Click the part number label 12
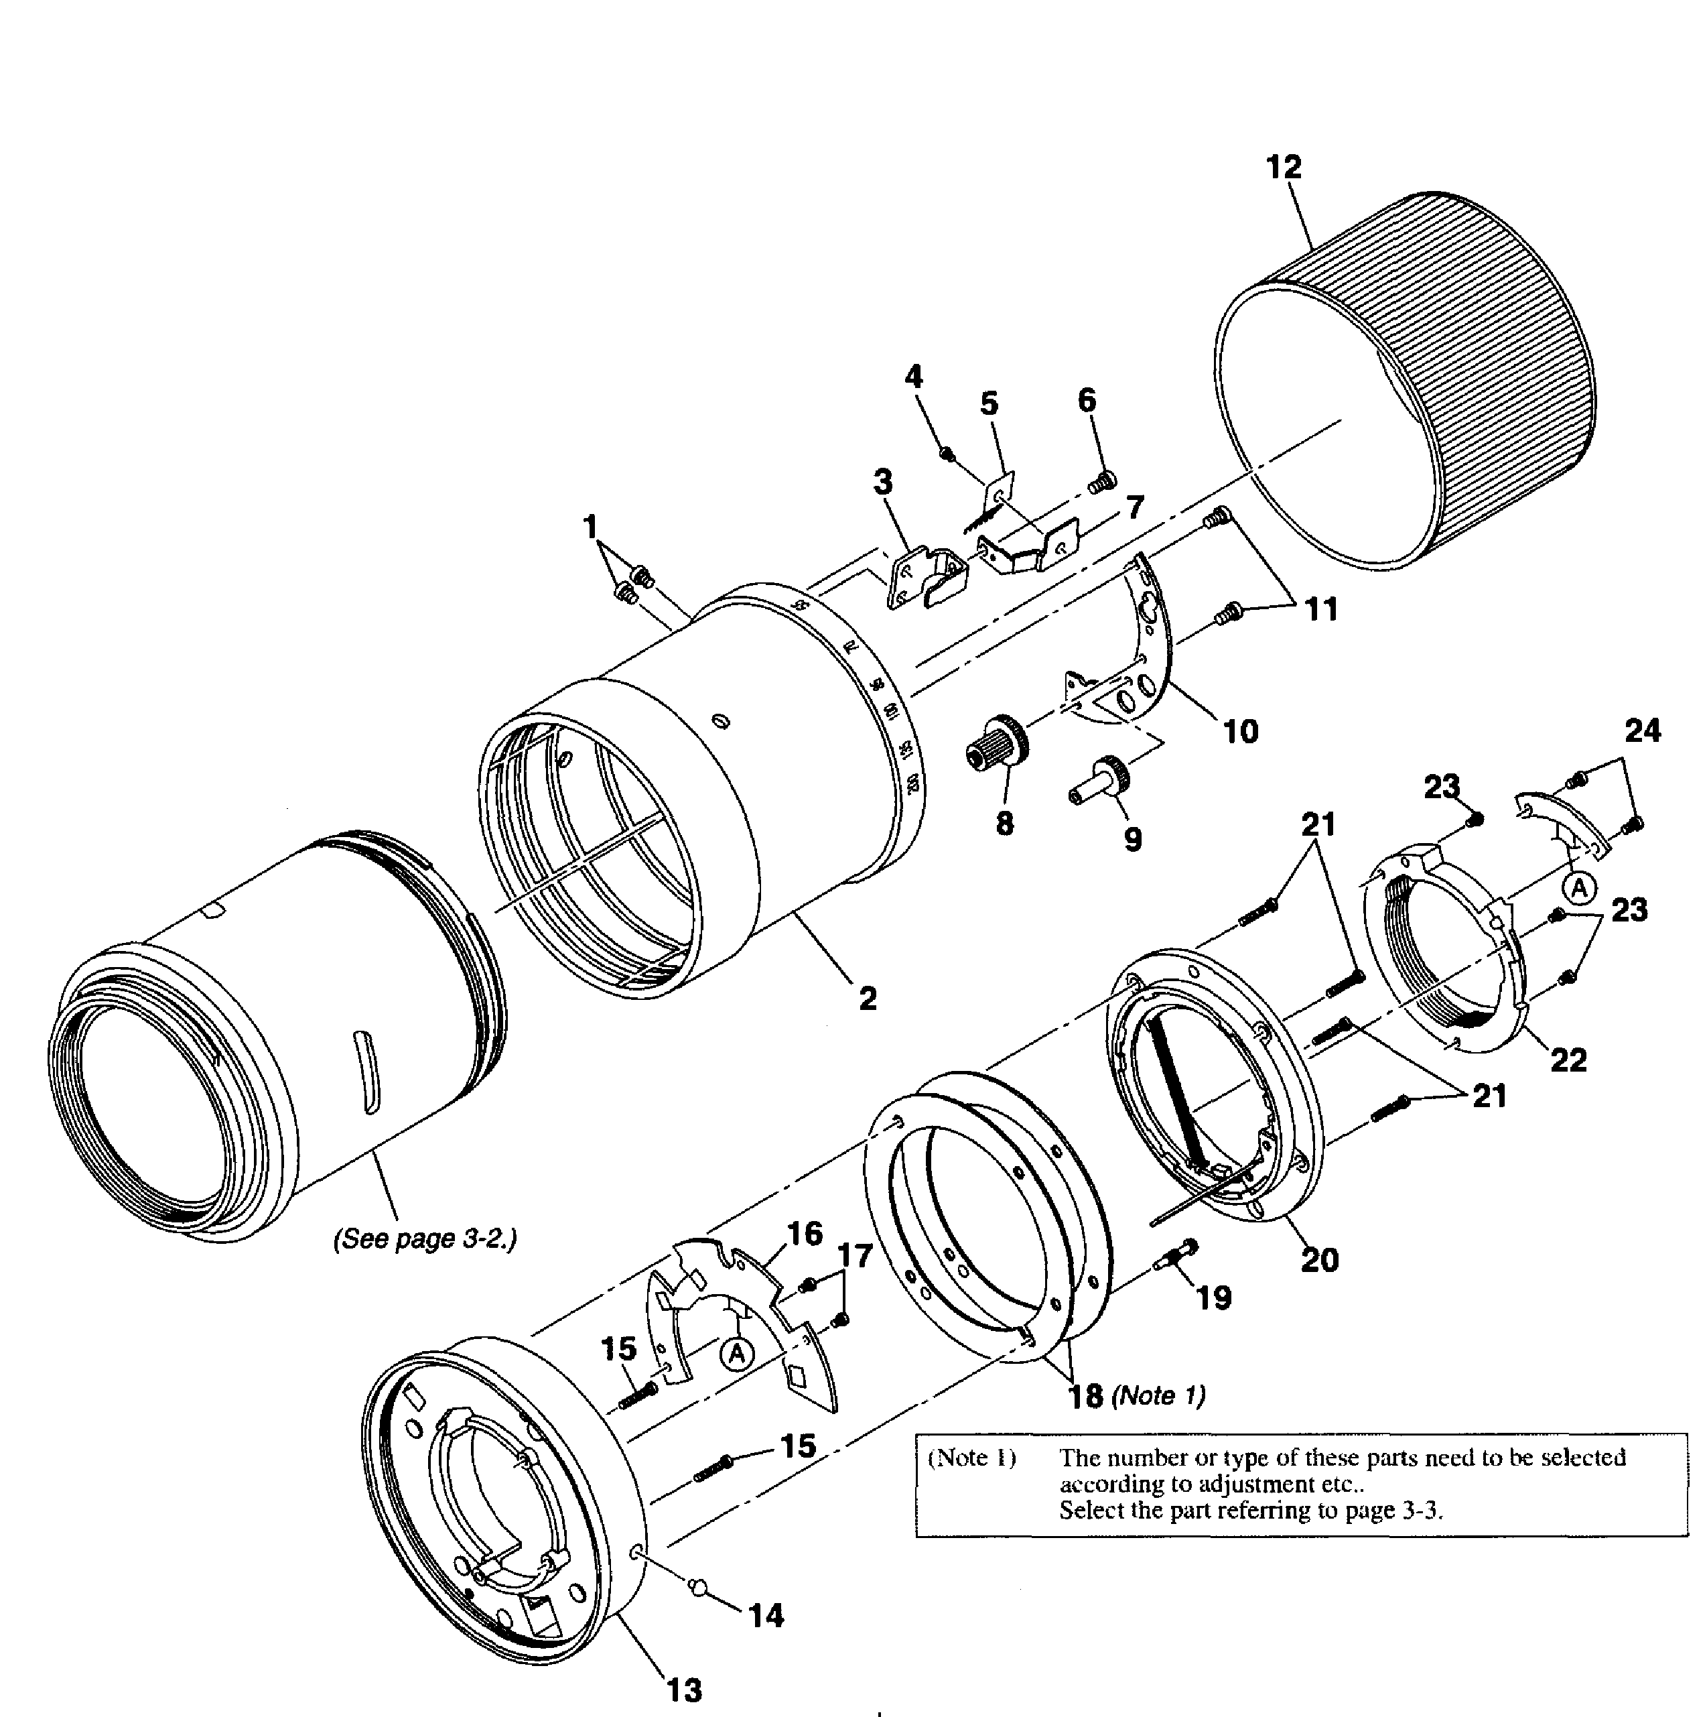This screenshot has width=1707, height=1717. tap(1283, 167)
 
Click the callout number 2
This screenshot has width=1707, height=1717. tap(868, 998)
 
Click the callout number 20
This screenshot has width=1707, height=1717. tap(1318, 1259)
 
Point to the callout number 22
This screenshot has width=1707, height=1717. tap(1568, 1060)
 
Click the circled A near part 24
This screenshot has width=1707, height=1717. tap(1579, 888)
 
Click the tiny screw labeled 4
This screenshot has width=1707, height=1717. tap(947, 454)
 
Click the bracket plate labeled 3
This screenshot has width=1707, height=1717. tap(924, 578)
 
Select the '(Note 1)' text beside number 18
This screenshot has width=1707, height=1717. tap(1158, 1396)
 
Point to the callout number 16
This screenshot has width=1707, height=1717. tap(804, 1234)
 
